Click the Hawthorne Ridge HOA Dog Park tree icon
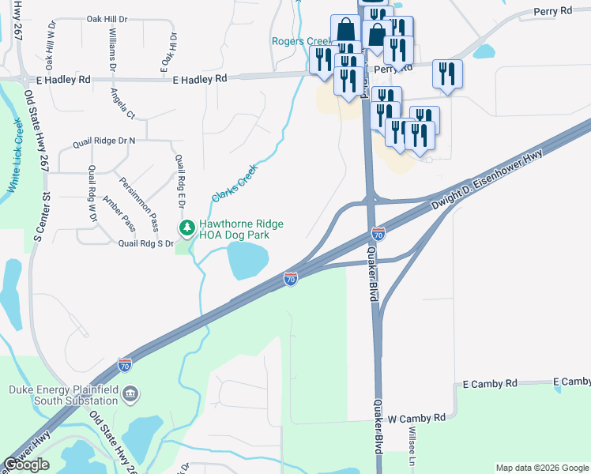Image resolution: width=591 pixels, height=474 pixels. tap(186, 229)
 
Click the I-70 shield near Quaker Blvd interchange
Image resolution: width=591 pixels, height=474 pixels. tap(378, 234)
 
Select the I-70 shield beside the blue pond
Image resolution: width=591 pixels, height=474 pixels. tap(291, 279)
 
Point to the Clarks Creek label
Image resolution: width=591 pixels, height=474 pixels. tap(235, 182)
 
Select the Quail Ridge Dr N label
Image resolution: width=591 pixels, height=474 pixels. tap(104, 141)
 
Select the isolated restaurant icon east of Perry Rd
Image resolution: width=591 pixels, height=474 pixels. tap(447, 75)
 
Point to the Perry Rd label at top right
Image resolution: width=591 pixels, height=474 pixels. tap(552, 11)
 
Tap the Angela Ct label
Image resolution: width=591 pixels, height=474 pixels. tap(123, 103)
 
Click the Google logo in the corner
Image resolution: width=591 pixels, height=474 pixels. tap(27, 465)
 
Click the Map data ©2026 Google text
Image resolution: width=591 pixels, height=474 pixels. tap(541, 468)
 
